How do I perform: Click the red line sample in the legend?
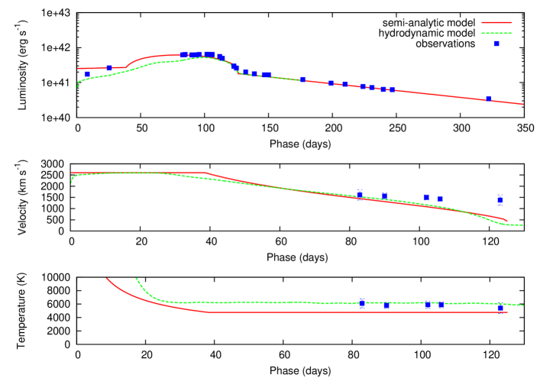point(496,23)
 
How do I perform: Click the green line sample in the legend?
point(496,33)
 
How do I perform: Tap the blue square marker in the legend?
point(496,44)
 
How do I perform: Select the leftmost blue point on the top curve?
point(88,74)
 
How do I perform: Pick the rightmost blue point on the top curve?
point(488,99)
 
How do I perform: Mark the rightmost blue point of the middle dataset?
point(500,200)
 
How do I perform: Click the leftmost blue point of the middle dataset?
point(360,194)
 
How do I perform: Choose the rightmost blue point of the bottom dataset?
point(500,309)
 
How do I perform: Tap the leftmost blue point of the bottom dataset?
point(362,303)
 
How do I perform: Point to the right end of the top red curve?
point(522,104)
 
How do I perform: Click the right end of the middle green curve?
point(522,225)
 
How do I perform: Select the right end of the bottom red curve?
point(507,312)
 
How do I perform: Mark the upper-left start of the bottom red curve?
point(106,279)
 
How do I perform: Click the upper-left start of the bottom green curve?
point(136,279)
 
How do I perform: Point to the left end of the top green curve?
point(77,88)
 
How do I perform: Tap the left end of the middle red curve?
point(72,173)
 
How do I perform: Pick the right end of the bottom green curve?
point(522,305)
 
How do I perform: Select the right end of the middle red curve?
point(507,221)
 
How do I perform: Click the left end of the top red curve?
point(78,68)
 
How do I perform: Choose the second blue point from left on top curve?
point(109,68)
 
